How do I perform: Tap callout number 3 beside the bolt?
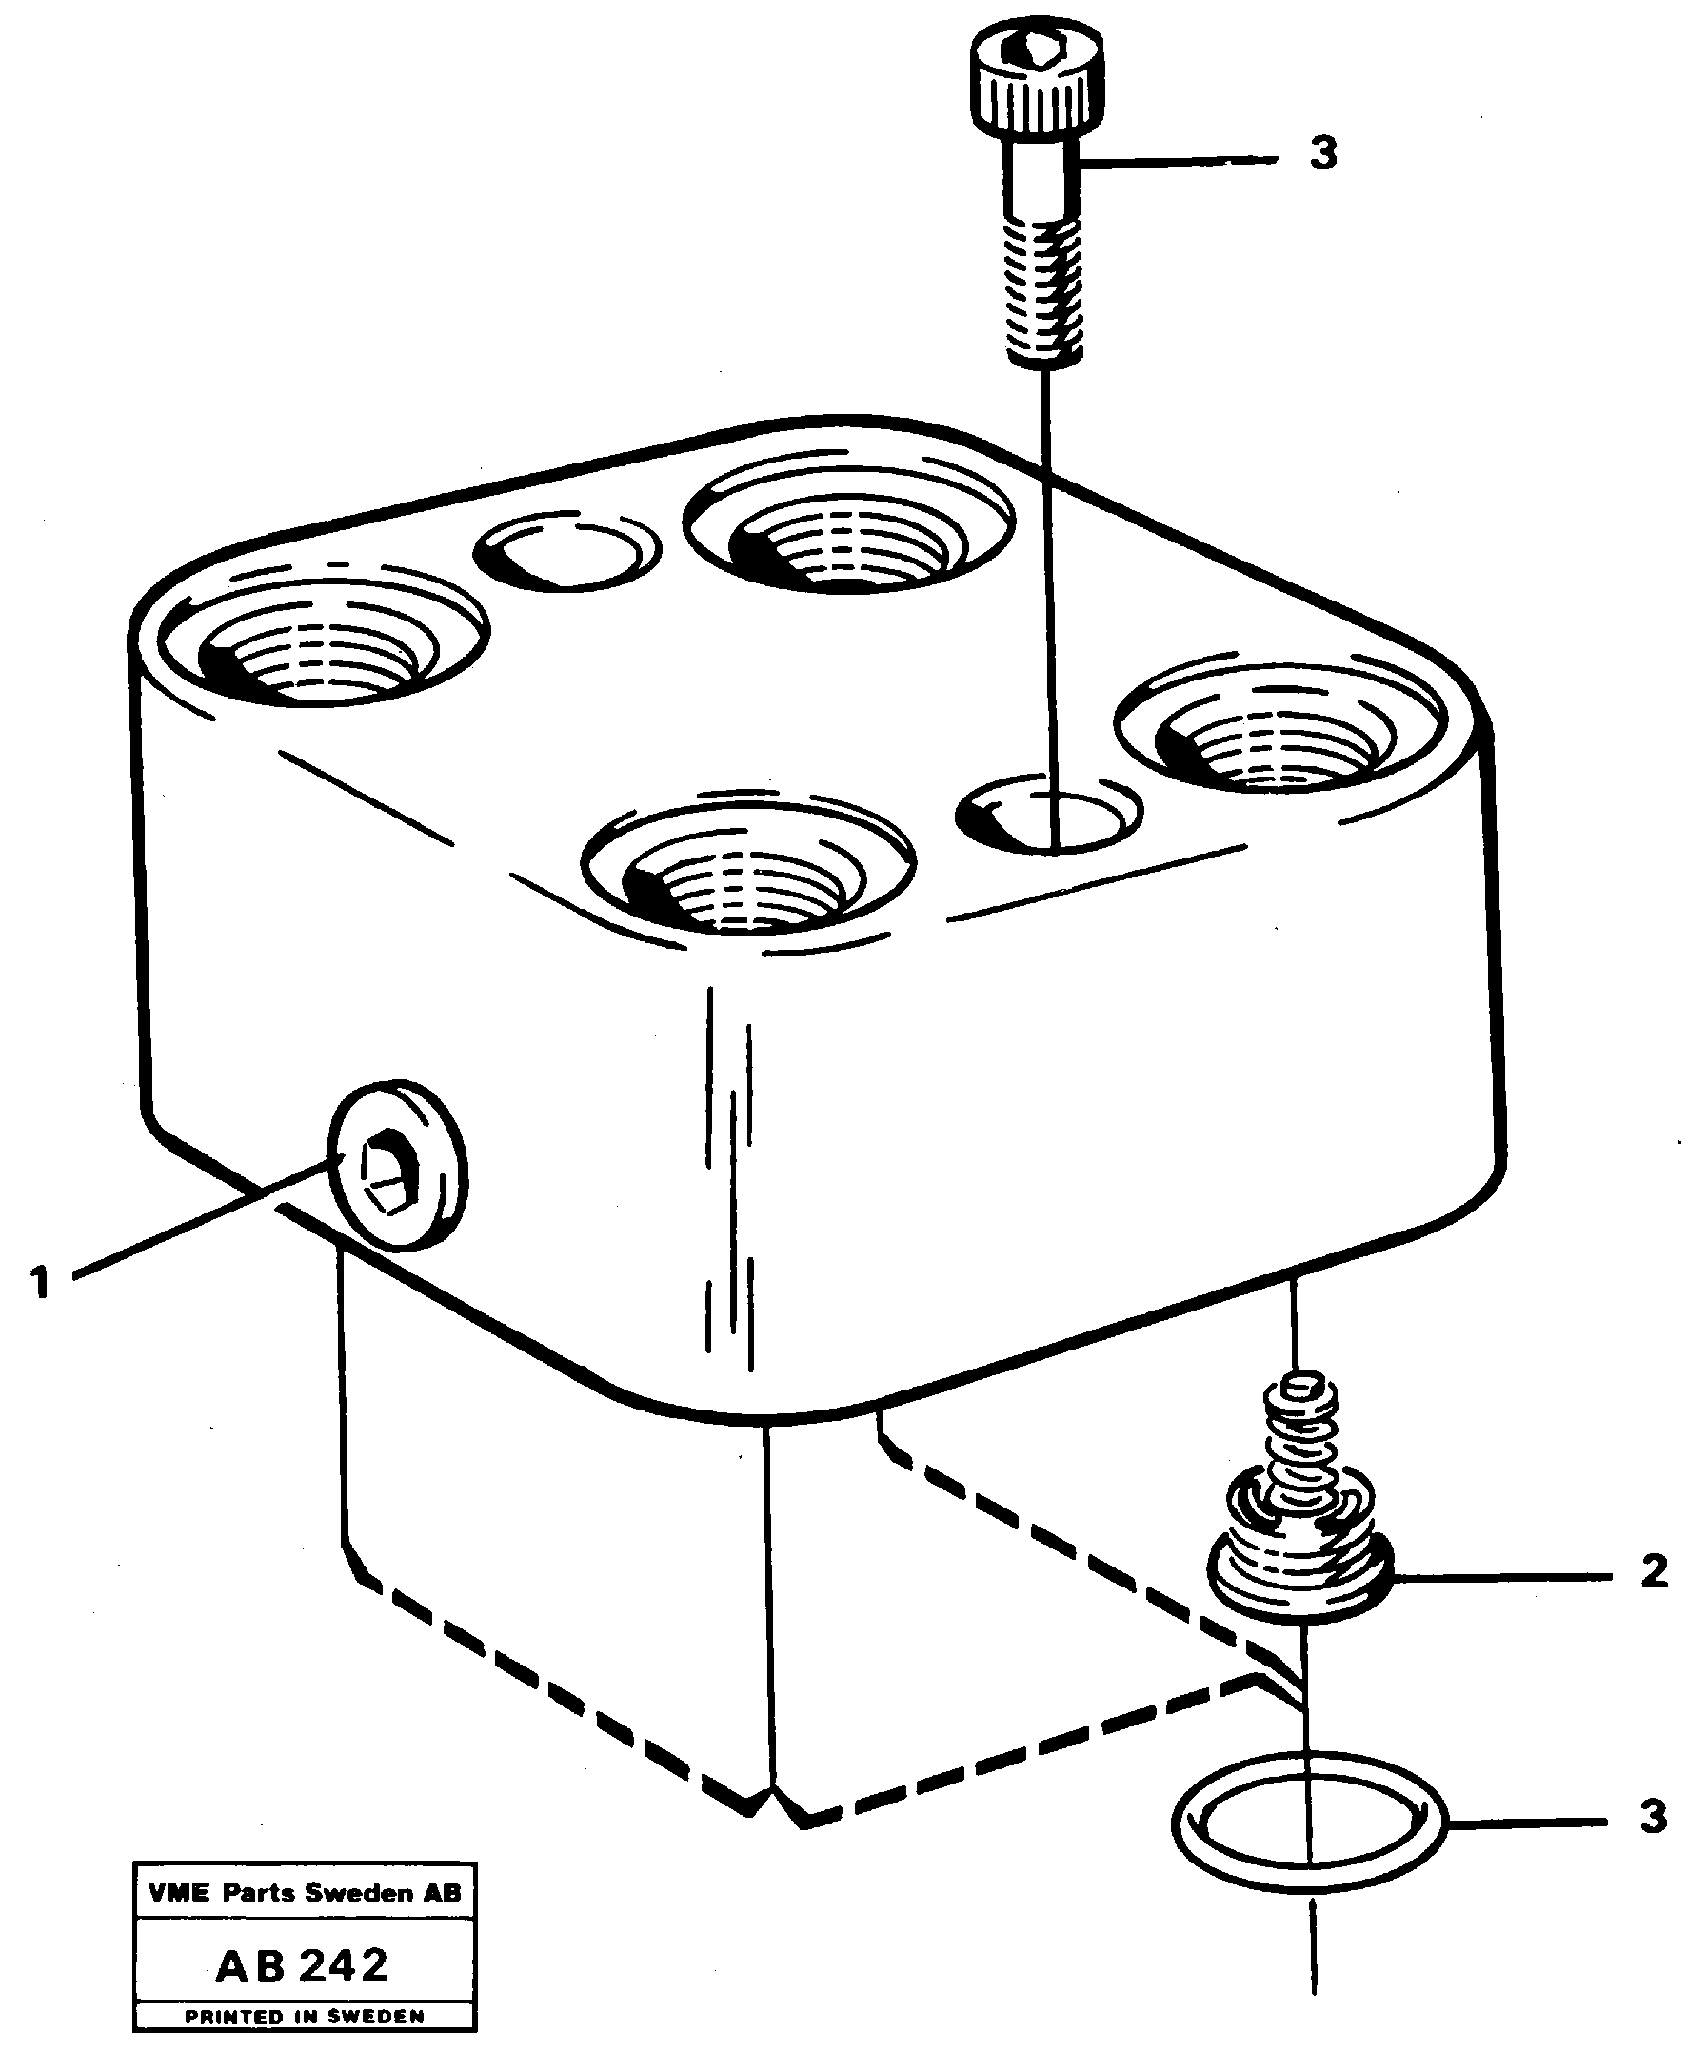(x=1322, y=154)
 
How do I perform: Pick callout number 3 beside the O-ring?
(x=1653, y=1816)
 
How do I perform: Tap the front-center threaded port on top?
(x=748, y=872)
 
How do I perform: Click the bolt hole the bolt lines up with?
(x=1049, y=814)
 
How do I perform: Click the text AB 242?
(x=302, y=1965)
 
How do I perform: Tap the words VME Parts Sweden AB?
(x=304, y=1892)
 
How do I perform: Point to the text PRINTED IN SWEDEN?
(x=304, y=2017)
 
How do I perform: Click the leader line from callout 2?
(x=1500, y=1578)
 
